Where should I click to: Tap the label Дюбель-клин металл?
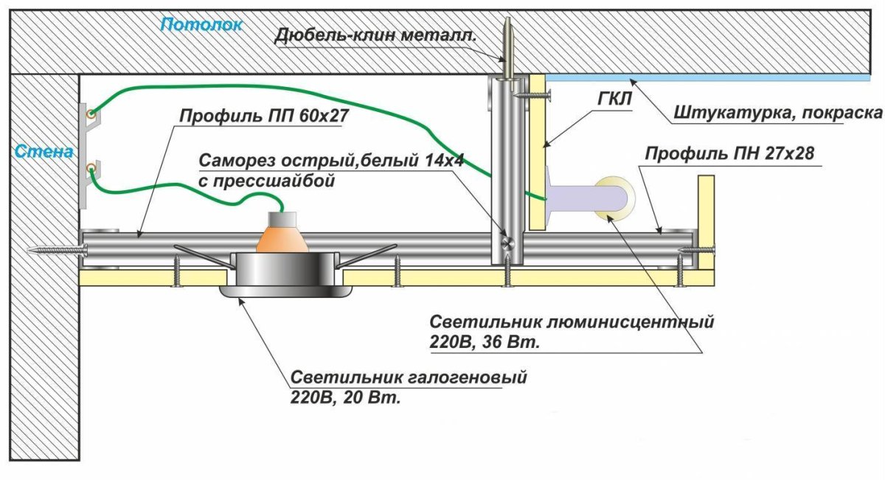(375, 34)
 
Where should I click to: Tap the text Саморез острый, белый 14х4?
(330, 161)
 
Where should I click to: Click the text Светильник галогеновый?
(409, 379)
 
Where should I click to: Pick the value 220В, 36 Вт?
(485, 342)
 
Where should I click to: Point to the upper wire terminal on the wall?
(90, 114)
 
